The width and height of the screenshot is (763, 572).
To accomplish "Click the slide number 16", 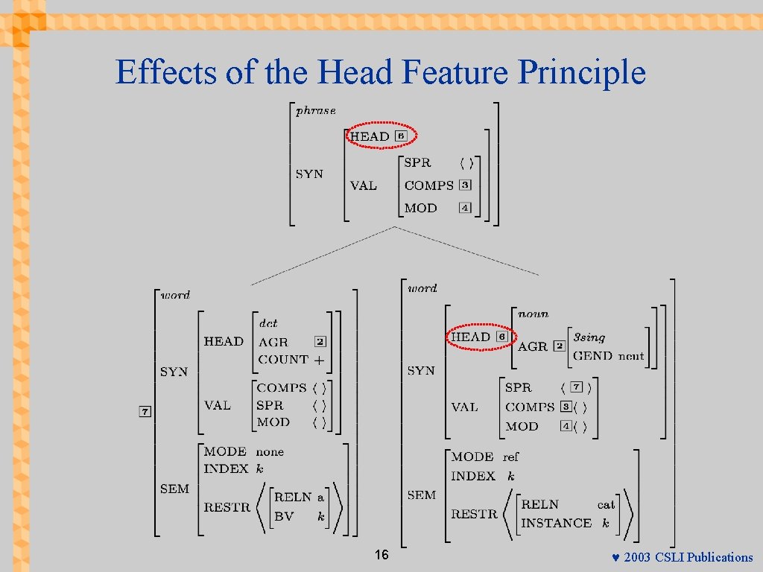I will (x=381, y=555).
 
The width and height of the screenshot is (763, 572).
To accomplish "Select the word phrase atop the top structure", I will (x=316, y=111).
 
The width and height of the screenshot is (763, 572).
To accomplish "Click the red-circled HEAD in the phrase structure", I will (x=370, y=136).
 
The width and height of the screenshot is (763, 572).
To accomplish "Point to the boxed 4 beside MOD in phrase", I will (x=465, y=208).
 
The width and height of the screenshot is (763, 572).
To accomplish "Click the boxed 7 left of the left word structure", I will (x=145, y=411).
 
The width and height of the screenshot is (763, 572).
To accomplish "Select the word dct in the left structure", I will (x=268, y=323).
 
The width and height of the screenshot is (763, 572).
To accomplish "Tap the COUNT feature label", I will (x=283, y=359).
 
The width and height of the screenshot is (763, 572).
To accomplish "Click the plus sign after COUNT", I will (x=319, y=360).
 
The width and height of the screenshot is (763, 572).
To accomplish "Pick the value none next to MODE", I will (x=270, y=451).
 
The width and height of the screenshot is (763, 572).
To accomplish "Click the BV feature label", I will (x=284, y=515).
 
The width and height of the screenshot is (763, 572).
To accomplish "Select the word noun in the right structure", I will (x=533, y=314).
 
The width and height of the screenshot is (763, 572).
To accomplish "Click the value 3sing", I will (x=589, y=337).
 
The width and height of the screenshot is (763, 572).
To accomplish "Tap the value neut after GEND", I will (x=630, y=356).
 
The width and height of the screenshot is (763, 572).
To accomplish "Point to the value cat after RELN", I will (x=606, y=505).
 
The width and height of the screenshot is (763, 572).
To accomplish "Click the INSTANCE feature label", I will (x=556, y=523).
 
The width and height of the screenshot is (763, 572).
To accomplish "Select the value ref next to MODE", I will (x=510, y=457).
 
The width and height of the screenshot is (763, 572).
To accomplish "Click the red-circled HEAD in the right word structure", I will (x=471, y=337).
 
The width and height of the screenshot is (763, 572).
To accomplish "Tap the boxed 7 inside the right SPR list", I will (x=576, y=387).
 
